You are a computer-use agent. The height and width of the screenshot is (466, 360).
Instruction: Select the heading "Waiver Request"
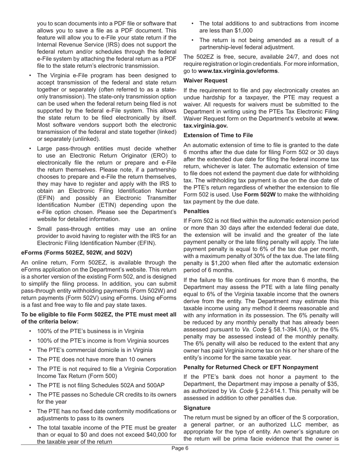tap(205, 80)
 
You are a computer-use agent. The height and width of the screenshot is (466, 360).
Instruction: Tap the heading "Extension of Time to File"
tap(218, 135)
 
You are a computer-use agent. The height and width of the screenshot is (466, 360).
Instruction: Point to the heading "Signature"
tap(197, 408)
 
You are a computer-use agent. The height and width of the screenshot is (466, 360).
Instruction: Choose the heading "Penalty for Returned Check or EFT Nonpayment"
tap(250, 367)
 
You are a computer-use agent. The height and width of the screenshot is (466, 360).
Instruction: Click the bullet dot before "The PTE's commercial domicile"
tap(30, 350)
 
